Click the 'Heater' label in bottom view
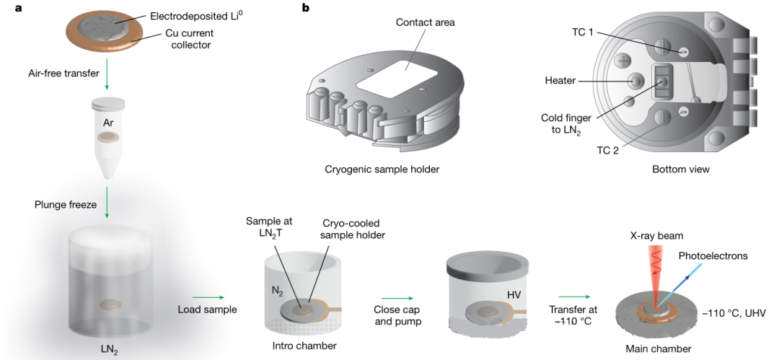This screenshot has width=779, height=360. coord(560,81)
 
